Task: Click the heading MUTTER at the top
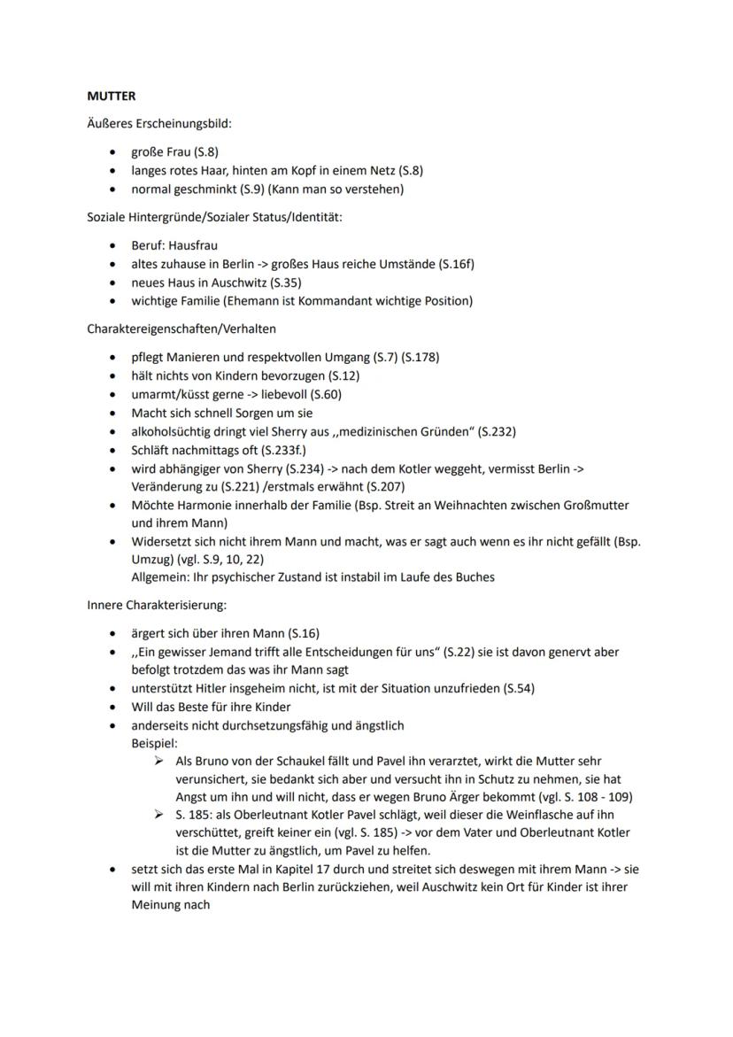pos(111,96)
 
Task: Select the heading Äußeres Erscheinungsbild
pos(158,124)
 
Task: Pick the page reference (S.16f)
pos(465,264)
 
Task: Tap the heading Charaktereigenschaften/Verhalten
pos(181,329)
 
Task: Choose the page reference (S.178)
pos(419,357)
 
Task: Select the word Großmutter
pos(589,506)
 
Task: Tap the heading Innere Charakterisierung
pos(156,605)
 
